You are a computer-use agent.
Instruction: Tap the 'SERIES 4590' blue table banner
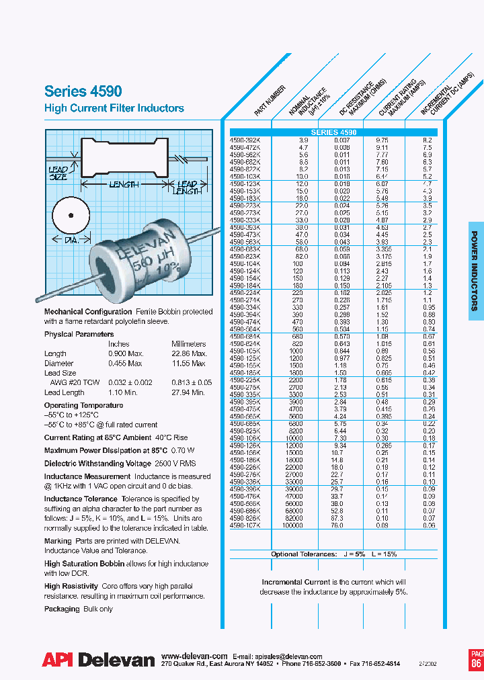coord(333,132)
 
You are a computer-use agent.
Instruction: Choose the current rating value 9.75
coord(381,140)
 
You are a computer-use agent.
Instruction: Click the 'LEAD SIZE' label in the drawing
coord(59,173)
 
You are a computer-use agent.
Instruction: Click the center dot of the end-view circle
coord(69,215)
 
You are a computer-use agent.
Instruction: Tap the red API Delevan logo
coord(98,660)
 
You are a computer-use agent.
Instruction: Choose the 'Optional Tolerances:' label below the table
coord(302,554)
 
